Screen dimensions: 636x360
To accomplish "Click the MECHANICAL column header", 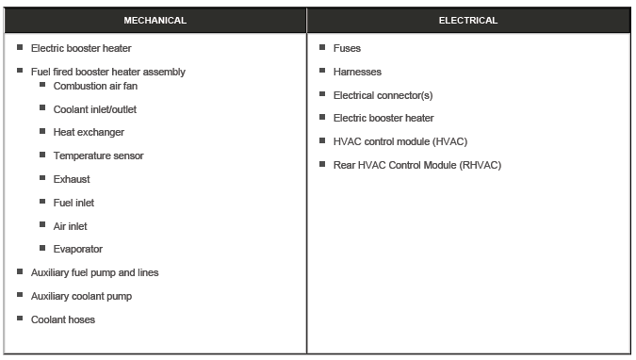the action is (155, 20).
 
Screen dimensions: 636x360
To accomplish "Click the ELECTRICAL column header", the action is (468, 20).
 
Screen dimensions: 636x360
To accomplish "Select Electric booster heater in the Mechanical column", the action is (81, 48).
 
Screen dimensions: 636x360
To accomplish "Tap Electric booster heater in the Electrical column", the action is (383, 118).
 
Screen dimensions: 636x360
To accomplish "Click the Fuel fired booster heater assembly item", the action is (108, 72).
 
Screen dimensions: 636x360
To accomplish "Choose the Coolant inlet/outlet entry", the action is (95, 109).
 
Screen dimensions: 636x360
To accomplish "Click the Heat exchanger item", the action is (89, 132).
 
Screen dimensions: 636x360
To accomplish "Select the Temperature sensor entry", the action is (99, 155).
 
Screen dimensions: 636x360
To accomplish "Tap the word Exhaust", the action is (73, 179).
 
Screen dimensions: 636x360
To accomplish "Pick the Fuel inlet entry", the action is (74, 203).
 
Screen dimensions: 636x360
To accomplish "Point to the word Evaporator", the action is (78, 249).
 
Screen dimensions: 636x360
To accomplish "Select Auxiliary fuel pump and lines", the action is (95, 272).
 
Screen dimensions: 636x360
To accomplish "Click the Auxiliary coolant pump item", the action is (82, 296).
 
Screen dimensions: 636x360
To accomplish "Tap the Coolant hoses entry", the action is (63, 319).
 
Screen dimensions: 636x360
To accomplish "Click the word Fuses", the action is (347, 48).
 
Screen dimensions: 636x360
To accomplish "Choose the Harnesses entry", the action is (357, 72).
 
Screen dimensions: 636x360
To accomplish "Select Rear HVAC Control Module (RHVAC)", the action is (417, 165).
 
